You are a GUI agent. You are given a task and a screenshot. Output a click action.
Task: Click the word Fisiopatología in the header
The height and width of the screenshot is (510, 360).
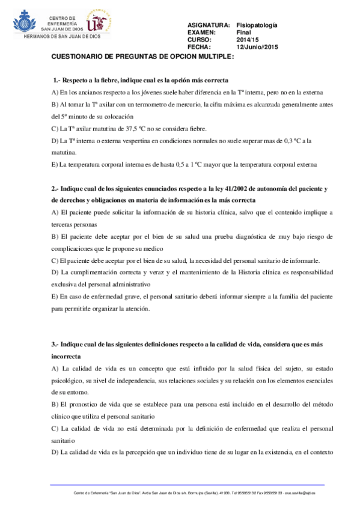point(257,25)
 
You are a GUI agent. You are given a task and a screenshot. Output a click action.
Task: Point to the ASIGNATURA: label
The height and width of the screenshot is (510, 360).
point(209,25)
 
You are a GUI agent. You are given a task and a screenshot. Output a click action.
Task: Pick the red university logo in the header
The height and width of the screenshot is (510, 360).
point(99,22)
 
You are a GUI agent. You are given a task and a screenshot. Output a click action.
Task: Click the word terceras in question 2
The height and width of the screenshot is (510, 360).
point(66,224)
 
